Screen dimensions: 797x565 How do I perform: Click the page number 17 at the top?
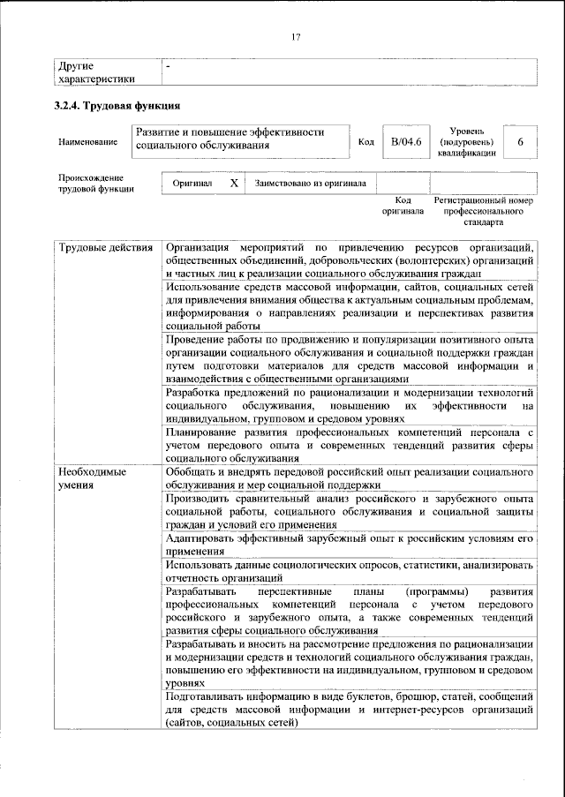click(296, 36)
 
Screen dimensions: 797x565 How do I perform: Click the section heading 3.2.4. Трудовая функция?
click(111, 107)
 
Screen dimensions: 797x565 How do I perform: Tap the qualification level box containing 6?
click(521, 141)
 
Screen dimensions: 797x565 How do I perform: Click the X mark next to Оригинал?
click(233, 184)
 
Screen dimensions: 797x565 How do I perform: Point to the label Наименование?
click(87, 141)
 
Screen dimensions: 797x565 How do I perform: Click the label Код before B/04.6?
click(365, 141)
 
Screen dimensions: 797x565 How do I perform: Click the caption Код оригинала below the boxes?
click(403, 207)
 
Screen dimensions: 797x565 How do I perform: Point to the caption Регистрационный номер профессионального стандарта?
click(484, 213)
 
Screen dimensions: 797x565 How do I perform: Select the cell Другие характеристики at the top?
click(96, 72)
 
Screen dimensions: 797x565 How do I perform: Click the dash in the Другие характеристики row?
click(169, 66)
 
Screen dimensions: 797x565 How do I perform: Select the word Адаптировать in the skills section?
click(205, 537)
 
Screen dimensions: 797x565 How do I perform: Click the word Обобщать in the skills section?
click(192, 472)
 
